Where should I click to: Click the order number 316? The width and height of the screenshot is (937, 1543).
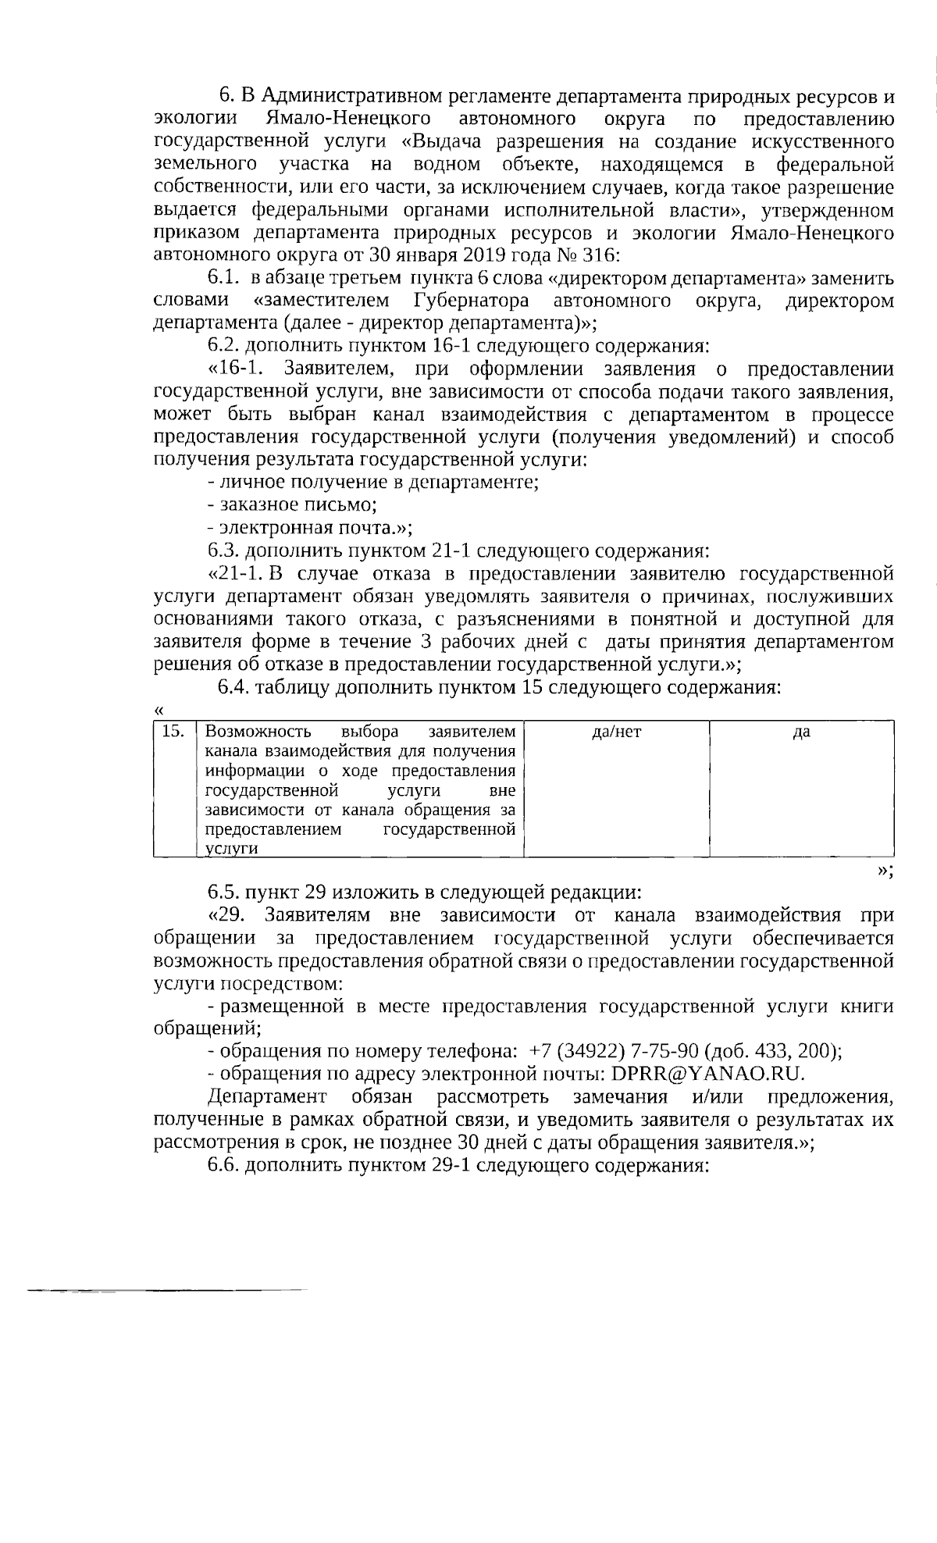(599, 255)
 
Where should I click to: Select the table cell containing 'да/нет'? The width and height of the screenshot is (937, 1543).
(617, 788)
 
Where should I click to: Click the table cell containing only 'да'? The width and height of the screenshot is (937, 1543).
(801, 788)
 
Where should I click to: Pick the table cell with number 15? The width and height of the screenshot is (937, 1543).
(173, 788)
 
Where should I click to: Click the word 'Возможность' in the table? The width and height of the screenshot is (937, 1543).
(258, 732)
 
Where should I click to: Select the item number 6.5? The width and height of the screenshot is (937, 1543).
(225, 893)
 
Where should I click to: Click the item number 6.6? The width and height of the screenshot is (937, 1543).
(225, 1165)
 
